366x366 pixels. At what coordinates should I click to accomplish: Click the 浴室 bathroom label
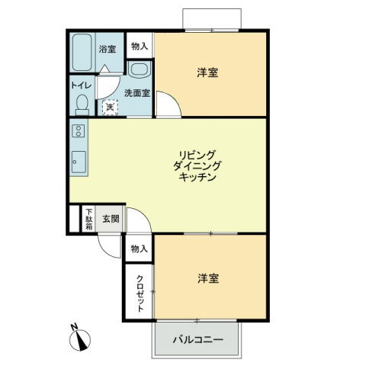pyautogui.click(x=108, y=49)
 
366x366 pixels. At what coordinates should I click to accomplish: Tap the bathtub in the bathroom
pyautogui.click(x=82, y=53)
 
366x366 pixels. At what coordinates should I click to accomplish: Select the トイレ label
pyautogui.click(x=81, y=85)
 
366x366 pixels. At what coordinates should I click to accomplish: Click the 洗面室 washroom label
pyautogui.click(x=137, y=93)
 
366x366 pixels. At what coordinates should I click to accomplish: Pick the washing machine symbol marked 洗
pyautogui.click(x=110, y=108)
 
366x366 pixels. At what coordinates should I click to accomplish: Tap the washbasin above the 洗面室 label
pyautogui.click(x=140, y=69)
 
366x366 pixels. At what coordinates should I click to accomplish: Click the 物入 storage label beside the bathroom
pyautogui.click(x=140, y=47)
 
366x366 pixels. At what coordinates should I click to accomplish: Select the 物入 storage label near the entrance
pyautogui.click(x=140, y=249)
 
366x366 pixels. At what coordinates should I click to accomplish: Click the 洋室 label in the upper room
pyautogui.click(x=207, y=72)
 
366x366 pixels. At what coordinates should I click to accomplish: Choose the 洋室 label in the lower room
pyautogui.click(x=208, y=278)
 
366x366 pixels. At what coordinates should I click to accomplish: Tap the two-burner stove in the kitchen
pyautogui.click(x=79, y=131)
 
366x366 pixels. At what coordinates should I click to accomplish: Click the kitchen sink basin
pyautogui.click(x=79, y=162)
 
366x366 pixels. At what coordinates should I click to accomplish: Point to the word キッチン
pyautogui.click(x=197, y=177)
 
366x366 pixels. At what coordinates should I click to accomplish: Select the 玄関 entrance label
pyautogui.click(x=111, y=219)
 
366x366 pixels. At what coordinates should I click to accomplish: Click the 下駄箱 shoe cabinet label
pyautogui.click(x=88, y=219)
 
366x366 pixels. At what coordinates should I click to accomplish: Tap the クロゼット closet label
pyautogui.click(x=140, y=294)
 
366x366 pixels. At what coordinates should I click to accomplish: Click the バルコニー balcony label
pyautogui.click(x=198, y=339)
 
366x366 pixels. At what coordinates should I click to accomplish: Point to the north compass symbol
pyautogui.click(x=80, y=337)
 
